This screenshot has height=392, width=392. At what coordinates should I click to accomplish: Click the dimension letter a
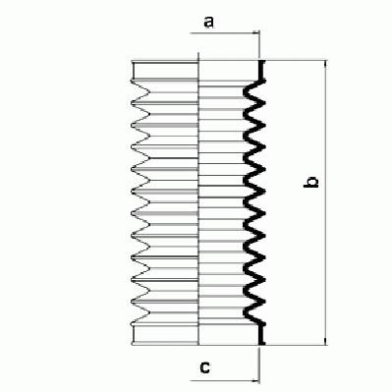click(x=208, y=23)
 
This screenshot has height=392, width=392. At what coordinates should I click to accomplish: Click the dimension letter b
click(x=310, y=182)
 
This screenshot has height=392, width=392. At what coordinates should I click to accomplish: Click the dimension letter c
click(x=205, y=367)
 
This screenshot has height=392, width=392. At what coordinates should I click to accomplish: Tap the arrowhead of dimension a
click(x=256, y=33)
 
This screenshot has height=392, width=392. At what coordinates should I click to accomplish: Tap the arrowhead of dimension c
click(x=256, y=380)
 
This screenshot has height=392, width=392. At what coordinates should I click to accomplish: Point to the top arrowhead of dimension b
click(x=325, y=64)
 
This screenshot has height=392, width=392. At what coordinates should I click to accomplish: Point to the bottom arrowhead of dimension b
click(x=325, y=341)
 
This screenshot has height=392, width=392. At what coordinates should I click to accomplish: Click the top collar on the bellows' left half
click(x=165, y=70)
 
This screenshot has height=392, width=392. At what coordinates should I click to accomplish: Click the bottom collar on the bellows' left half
click(x=165, y=335)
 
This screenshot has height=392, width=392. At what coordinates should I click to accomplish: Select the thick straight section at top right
click(x=261, y=70)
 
